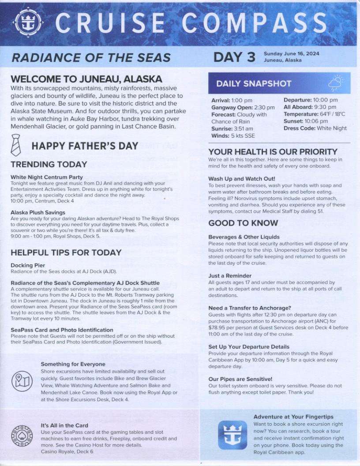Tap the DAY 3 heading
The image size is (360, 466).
(234, 57)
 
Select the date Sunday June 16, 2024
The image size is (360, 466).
(291, 53)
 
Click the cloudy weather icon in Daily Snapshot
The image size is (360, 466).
(336, 83)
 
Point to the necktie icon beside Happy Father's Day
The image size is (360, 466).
(15, 145)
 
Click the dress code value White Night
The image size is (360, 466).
(331, 128)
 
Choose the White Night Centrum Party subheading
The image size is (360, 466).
(47, 177)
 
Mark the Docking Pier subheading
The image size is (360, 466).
(28, 265)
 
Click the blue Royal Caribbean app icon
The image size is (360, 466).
(232, 435)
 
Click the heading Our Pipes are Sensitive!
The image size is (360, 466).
(240, 379)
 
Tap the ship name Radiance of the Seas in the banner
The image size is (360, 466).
(91, 57)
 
